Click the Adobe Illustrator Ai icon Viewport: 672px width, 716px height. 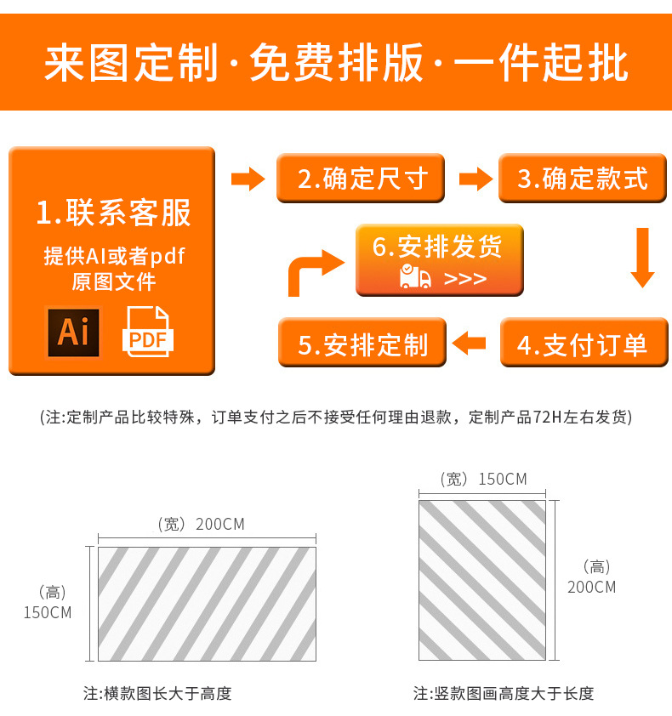[x=73, y=332]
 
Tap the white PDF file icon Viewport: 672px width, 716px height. [x=149, y=332]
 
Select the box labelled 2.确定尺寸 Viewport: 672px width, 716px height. [x=361, y=179]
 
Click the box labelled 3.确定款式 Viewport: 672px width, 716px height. [x=583, y=179]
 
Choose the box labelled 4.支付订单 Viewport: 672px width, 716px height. [x=583, y=344]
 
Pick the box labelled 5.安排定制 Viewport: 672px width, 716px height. [x=362, y=344]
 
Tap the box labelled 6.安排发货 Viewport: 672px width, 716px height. [x=439, y=260]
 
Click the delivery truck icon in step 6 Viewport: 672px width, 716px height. [x=415, y=277]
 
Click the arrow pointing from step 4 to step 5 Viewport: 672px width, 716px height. [x=470, y=344]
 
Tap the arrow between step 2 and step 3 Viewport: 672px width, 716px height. [x=476, y=179]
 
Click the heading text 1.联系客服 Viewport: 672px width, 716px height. [x=113, y=213]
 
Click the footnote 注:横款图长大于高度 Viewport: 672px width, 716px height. [x=157, y=694]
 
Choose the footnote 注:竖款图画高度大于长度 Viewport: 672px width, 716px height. [x=504, y=694]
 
